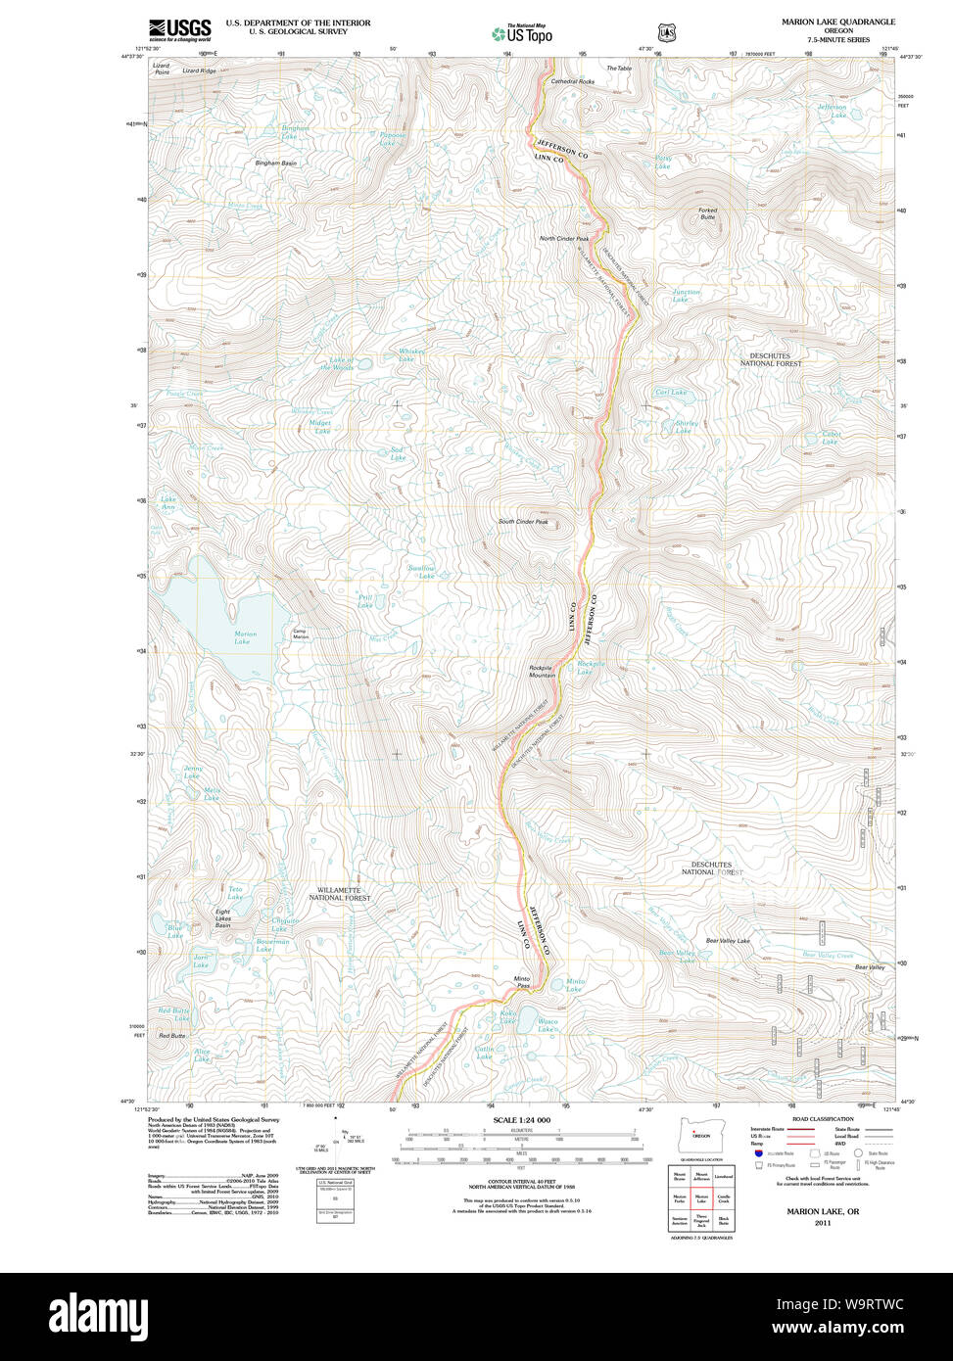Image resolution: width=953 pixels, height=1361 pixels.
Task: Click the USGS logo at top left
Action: tap(179, 29)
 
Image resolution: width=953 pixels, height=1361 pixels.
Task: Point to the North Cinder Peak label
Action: tap(564, 239)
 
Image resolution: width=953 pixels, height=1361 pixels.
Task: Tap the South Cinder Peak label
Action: tap(523, 522)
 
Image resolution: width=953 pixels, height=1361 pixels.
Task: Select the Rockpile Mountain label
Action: tap(543, 671)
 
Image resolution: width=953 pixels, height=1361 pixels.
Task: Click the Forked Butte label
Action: tap(707, 213)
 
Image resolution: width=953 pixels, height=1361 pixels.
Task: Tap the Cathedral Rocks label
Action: tap(572, 82)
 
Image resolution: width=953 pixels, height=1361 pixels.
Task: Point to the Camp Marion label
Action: tap(301, 634)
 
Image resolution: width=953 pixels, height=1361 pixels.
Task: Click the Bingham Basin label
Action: tap(275, 163)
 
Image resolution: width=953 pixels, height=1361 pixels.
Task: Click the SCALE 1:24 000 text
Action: tap(522, 1120)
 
